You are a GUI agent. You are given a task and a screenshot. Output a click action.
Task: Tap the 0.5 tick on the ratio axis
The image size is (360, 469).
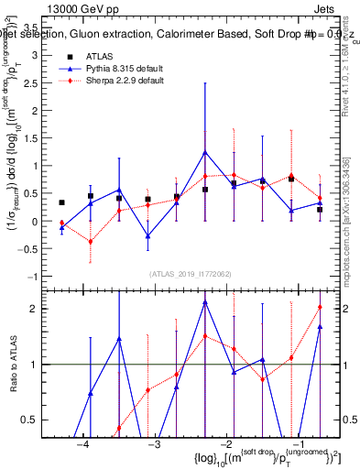[x=37, y=420]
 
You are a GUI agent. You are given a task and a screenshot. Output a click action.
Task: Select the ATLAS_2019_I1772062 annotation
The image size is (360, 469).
[x=191, y=273]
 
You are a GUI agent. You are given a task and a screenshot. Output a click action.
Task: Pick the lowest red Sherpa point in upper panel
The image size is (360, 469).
[x=90, y=242]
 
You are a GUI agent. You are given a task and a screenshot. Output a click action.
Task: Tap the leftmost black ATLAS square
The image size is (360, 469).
[x=61, y=202]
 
